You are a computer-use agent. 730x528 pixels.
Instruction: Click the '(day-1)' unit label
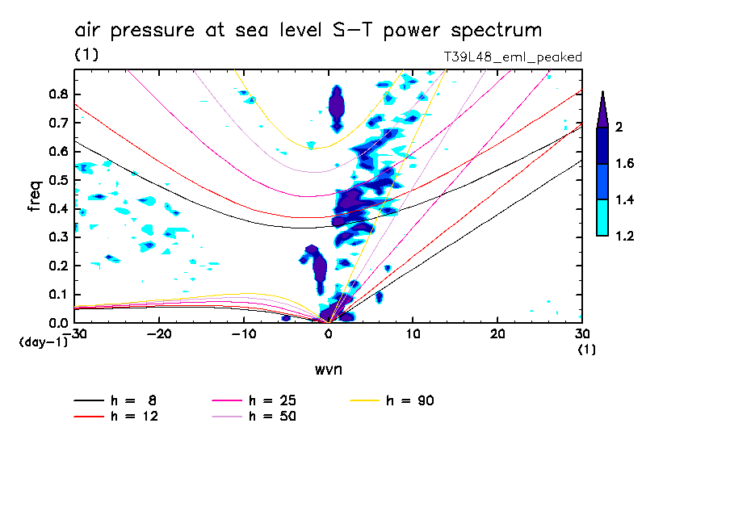(x=43, y=342)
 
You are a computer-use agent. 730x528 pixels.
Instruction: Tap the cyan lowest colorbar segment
(x=602, y=218)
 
